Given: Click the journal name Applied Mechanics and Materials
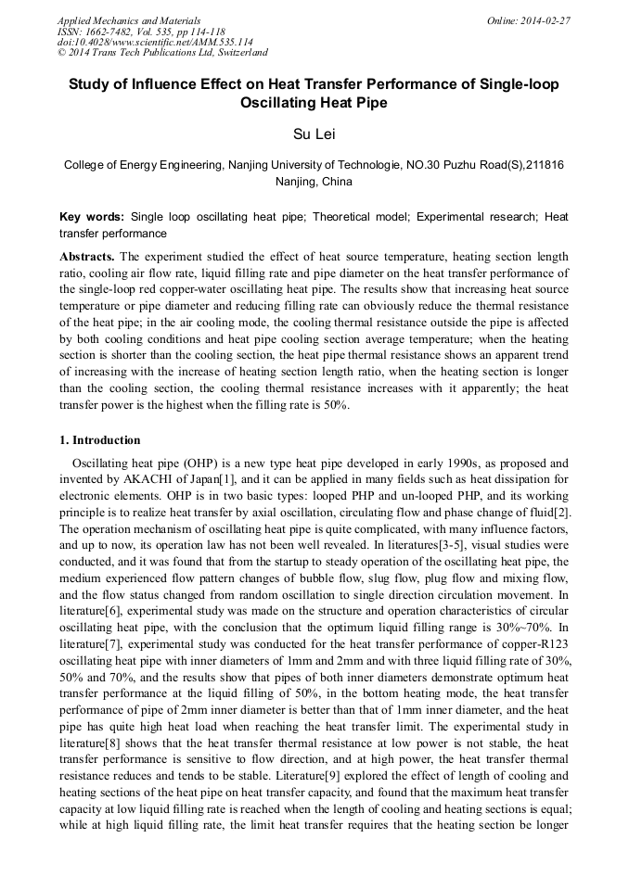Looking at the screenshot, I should (129, 19).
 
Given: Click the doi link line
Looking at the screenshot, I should (155, 42).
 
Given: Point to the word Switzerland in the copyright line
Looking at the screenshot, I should (237, 53).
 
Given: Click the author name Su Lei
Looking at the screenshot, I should (314, 135).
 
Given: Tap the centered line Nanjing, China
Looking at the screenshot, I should (314, 182).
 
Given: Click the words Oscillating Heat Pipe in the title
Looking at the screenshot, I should (314, 103).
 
